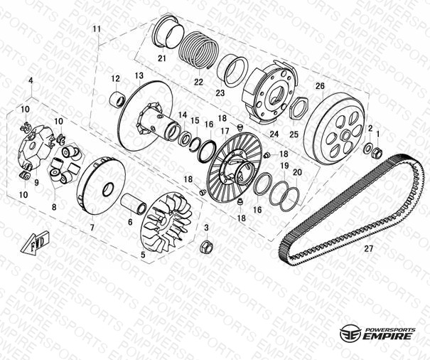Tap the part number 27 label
pyautogui.click(x=369, y=248)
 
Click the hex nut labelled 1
pyautogui.click(x=376, y=152)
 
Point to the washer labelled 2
pyautogui.click(x=367, y=149)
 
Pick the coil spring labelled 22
pyautogui.click(x=198, y=49)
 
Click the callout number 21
pyautogui.click(x=162, y=58)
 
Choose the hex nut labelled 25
pyautogui.click(x=299, y=108)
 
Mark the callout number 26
pyautogui.click(x=320, y=86)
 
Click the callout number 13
pyautogui.click(x=139, y=75)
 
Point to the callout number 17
pyautogui.click(x=225, y=132)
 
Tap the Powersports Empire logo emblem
pyautogui.click(x=350, y=334)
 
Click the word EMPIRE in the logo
pyautogui.click(x=387, y=336)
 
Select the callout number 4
pyautogui.click(x=31, y=80)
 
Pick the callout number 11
pyautogui.click(x=97, y=28)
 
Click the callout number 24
pyautogui.click(x=274, y=134)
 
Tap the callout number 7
pyautogui.click(x=92, y=228)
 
